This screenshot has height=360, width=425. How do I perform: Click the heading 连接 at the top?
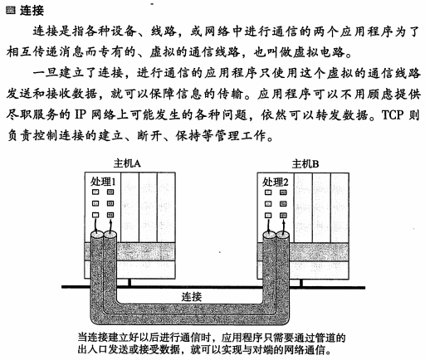[32, 11]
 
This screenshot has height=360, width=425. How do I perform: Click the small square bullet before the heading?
[11, 11]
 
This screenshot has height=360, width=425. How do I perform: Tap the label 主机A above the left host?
[127, 163]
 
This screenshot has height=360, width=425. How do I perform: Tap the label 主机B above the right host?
[305, 164]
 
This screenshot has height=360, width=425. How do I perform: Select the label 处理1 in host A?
[103, 182]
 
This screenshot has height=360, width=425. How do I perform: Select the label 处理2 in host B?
[276, 182]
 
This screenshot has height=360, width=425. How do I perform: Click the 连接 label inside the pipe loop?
[192, 297]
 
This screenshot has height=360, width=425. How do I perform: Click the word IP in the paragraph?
[81, 114]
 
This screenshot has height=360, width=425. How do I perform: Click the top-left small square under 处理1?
[95, 192]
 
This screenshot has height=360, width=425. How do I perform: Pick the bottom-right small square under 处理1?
[110, 215]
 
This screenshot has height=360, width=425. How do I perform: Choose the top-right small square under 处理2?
[283, 192]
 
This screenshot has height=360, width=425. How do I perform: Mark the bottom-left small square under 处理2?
[268, 215]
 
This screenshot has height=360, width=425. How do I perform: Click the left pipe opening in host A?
[97, 235]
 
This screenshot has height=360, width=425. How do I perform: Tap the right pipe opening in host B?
[282, 236]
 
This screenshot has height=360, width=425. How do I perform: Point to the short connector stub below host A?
[129, 282]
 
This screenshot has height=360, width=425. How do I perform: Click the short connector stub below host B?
[301, 283]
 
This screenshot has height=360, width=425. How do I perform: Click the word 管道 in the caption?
[325, 338]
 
